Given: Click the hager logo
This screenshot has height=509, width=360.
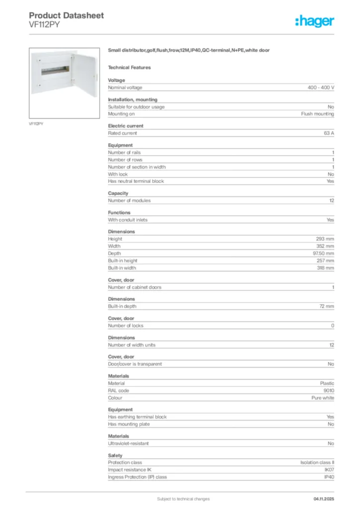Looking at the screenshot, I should (314, 21).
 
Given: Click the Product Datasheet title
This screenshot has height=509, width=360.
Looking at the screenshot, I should (67, 15).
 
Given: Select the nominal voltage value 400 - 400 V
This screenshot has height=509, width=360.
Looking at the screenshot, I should (321, 87).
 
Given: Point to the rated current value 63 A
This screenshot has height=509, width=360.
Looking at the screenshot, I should (329, 133).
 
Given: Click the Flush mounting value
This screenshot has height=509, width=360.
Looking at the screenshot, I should (317, 114).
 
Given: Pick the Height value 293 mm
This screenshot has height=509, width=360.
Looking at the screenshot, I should (325, 239).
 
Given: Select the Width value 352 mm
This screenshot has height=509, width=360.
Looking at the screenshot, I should (325, 246).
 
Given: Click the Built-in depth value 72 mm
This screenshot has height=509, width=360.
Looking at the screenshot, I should (327, 306).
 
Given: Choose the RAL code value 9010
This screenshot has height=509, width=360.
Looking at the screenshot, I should (329, 391).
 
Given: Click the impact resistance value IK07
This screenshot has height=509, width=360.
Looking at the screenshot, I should (329, 470).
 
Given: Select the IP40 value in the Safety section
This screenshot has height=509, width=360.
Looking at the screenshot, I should (329, 477).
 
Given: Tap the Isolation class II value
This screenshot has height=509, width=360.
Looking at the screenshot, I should (317, 462).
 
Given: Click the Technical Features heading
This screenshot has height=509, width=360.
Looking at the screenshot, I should (129, 68).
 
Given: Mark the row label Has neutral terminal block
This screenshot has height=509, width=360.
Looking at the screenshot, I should (136, 181).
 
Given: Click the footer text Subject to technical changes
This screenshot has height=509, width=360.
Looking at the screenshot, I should (183, 499).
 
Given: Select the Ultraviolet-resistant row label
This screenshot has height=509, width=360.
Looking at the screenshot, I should (128, 443).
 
